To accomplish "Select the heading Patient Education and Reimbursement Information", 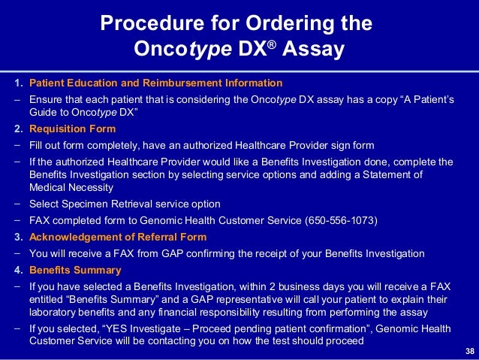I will tap(155, 83).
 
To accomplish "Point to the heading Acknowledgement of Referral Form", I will tap(117, 237).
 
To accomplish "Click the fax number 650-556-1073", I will tap(342, 220).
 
